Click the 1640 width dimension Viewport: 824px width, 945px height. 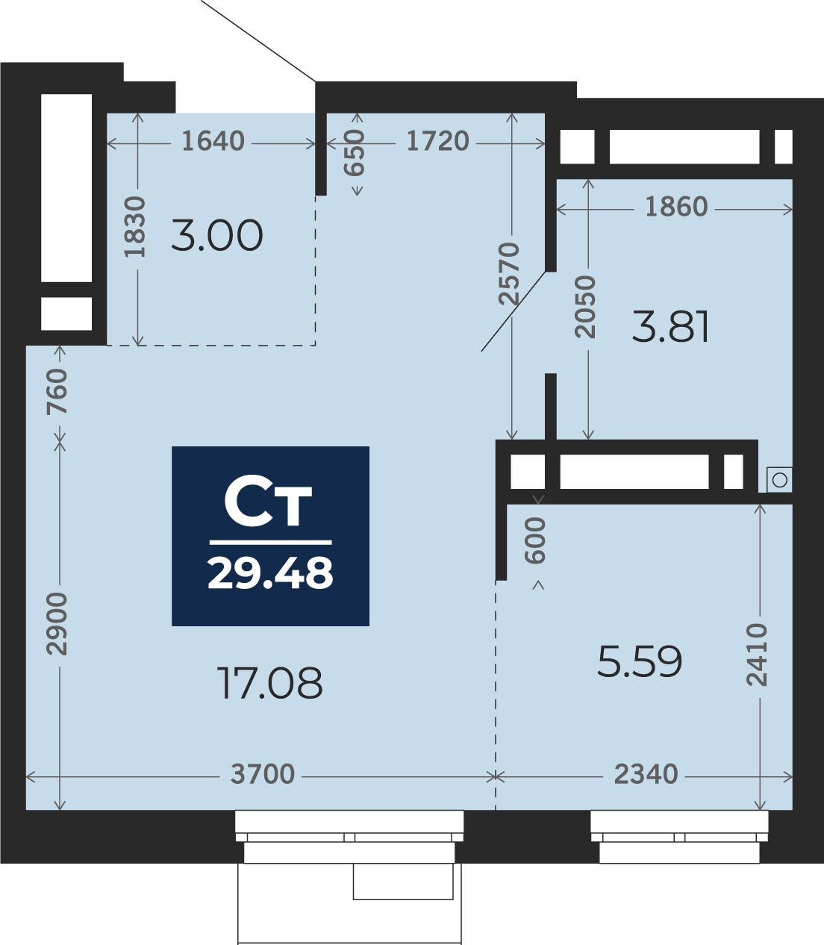coord(213,141)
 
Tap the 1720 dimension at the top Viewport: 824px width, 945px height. coord(437,141)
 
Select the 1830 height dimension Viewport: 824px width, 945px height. coord(135,227)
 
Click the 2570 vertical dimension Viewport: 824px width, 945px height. coord(509,274)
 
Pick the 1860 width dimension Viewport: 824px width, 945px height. coord(676,207)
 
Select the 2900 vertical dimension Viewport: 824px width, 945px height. coord(57,624)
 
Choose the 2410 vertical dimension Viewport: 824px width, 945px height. coord(757,655)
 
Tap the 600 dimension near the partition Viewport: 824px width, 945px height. coord(535,540)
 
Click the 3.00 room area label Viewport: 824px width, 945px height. coord(217,236)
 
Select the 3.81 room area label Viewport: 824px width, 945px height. coord(670,326)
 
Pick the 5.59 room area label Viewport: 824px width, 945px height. coord(640,661)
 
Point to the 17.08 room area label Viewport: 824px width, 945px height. coord(269,684)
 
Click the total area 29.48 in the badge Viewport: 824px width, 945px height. coord(270,573)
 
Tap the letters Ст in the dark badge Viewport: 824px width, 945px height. coord(268,505)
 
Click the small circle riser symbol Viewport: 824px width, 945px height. coord(780,481)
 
